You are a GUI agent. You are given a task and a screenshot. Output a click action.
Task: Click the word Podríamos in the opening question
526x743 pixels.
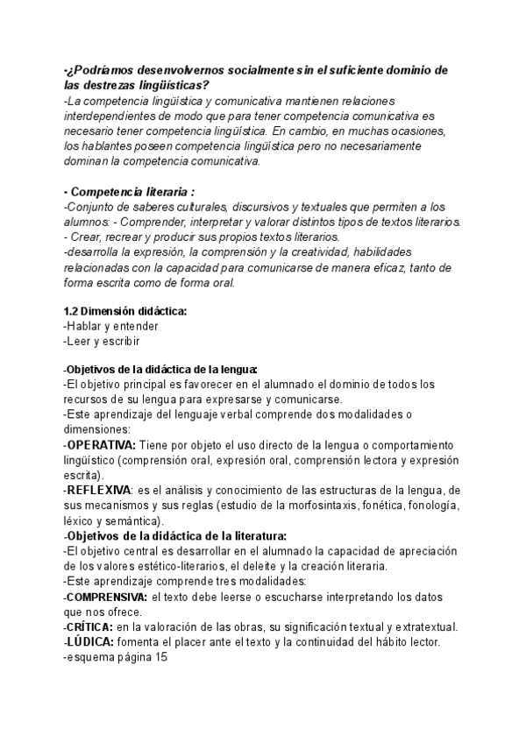(104, 69)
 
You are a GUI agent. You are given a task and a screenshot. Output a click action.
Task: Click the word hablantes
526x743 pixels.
(108, 146)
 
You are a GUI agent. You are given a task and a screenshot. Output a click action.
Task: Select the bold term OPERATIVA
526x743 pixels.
(101, 445)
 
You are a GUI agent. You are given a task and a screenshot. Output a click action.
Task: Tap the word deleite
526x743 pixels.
(282, 566)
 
